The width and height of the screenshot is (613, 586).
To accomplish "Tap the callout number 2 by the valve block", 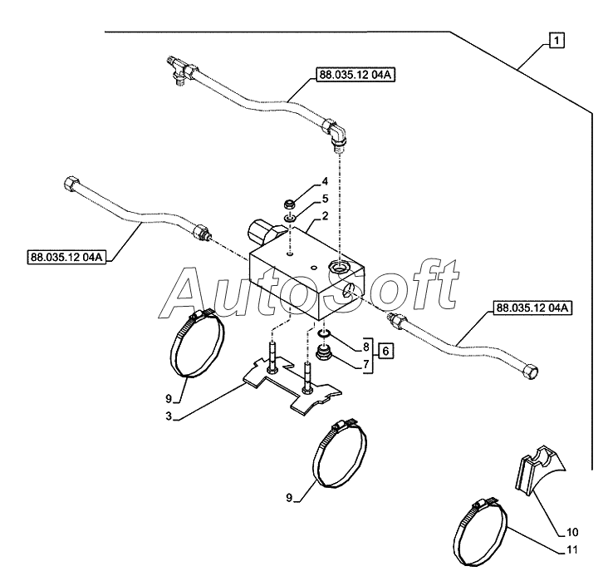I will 326,216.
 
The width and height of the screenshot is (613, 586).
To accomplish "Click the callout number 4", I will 326,181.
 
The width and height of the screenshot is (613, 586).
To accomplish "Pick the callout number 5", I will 326,199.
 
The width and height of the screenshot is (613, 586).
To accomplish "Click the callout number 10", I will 571,531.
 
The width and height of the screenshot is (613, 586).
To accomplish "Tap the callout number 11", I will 571,549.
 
